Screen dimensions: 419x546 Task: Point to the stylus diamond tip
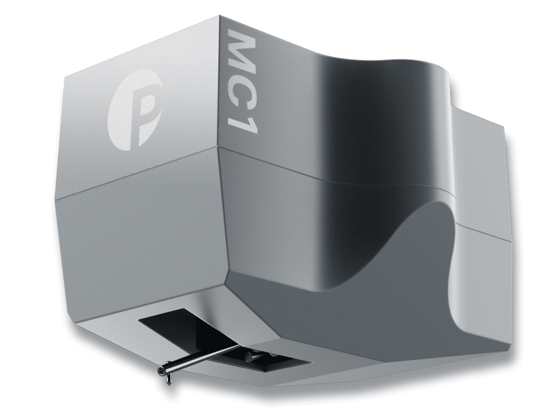(x=162, y=372)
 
